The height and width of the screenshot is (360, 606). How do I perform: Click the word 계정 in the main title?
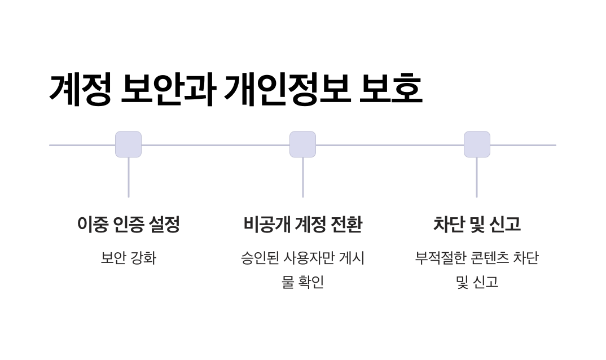80,89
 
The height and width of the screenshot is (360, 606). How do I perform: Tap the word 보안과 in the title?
168,89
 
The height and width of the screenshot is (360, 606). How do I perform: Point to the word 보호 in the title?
391,89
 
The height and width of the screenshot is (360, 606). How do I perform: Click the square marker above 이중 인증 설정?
128,144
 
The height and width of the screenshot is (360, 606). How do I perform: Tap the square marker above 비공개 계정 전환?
302,144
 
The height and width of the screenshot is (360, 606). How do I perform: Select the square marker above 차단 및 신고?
477,144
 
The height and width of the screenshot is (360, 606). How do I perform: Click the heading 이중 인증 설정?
128,225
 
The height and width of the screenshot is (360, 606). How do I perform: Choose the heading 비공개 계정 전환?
302,225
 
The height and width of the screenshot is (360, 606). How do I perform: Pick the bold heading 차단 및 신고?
477,225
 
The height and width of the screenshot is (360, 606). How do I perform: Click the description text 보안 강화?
128,258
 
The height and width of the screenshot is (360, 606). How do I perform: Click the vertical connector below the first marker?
128,177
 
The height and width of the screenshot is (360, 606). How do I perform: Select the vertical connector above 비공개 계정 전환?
302,177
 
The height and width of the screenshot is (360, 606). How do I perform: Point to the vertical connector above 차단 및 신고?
477,177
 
